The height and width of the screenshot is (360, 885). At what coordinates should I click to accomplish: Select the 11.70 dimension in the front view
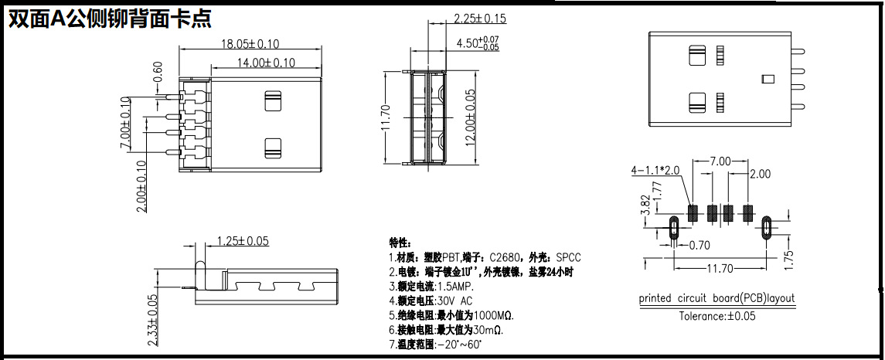(x=386, y=118)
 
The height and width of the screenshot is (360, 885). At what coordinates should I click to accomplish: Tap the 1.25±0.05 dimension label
(x=243, y=241)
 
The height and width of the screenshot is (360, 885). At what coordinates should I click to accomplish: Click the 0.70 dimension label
(x=699, y=246)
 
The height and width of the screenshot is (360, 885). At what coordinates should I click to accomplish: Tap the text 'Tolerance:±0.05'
(x=717, y=315)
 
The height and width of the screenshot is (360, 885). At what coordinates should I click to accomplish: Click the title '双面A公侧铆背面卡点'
(x=110, y=19)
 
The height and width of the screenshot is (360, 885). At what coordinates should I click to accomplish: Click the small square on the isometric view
(x=768, y=78)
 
